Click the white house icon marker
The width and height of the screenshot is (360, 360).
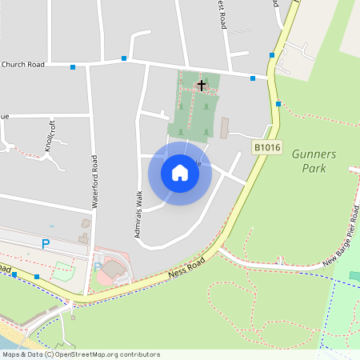[x=180, y=173]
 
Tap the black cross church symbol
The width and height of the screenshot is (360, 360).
[x=202, y=83]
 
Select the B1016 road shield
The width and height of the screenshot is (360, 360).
[x=266, y=147]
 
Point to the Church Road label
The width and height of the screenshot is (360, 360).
[x=22, y=65]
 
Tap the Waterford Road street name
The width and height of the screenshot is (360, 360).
[x=94, y=182]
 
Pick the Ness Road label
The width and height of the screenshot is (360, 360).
[x=187, y=269]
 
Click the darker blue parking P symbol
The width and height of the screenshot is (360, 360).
[x=46, y=243]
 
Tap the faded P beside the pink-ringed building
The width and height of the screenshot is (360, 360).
[x=98, y=266]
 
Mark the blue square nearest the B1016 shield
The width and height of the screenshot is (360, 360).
[x=278, y=104]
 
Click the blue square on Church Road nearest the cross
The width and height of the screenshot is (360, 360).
[x=253, y=78]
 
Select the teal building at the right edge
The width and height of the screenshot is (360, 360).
[x=354, y=276]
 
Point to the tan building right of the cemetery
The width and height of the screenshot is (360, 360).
[x=225, y=128]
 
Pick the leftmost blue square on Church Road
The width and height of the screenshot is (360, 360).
[x=73, y=67]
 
